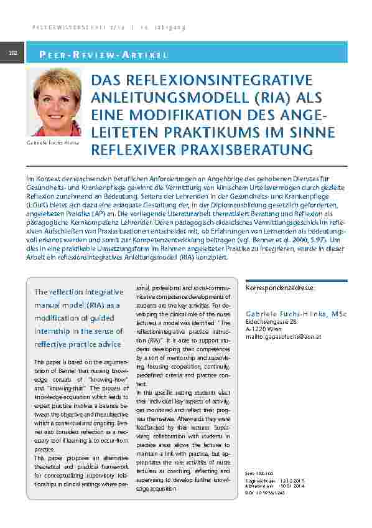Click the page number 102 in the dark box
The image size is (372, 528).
(12, 53)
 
